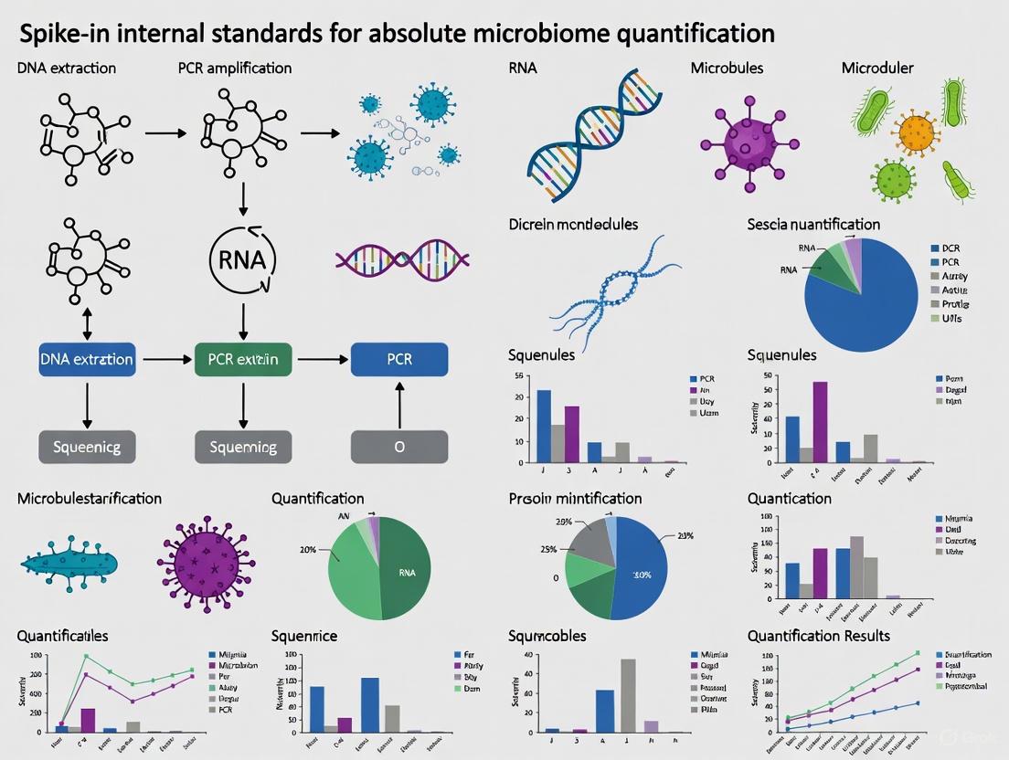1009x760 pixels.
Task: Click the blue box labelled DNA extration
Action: pos(87,359)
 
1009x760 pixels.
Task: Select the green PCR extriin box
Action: pos(243,359)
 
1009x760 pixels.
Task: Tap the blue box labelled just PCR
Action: pos(399,359)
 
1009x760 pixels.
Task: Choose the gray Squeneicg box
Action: pos(87,448)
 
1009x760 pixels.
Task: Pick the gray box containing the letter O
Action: pos(399,448)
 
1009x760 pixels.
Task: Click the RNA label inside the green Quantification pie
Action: pos(407,572)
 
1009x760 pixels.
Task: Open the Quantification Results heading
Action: pos(818,636)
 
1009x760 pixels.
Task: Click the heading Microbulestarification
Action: pos(90,499)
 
